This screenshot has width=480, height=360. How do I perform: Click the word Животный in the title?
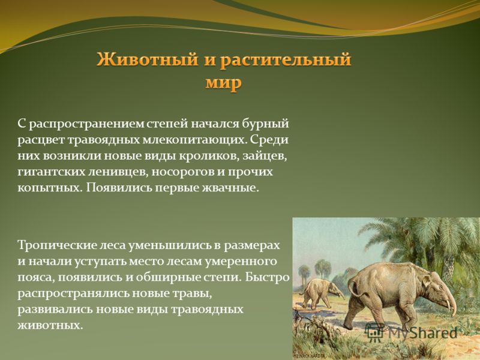point(147,59)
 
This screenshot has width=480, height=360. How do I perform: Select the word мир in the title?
point(223,83)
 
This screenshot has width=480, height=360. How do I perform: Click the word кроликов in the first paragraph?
point(209,155)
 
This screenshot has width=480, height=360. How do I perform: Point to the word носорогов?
point(184,172)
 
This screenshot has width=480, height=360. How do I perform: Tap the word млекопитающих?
point(194,140)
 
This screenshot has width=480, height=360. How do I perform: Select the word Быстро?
point(267,277)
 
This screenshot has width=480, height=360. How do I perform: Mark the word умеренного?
point(242,262)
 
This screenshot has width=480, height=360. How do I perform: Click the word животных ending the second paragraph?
point(50,325)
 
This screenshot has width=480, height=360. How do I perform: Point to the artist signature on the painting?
point(308,356)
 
